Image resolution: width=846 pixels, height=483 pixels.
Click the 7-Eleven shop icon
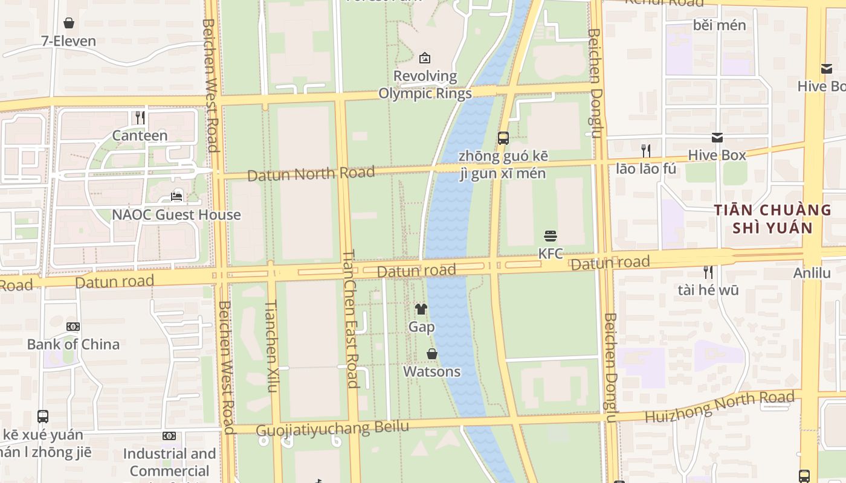[x=69, y=24]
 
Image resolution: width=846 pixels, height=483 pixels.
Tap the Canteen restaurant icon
[x=140, y=117]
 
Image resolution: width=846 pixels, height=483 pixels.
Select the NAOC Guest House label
[x=176, y=215]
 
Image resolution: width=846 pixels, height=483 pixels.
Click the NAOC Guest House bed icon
[x=176, y=197]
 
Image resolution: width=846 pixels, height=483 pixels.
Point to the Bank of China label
[x=73, y=344]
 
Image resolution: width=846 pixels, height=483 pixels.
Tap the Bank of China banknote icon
[x=73, y=327]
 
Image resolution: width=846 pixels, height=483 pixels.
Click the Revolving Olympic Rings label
[x=425, y=85]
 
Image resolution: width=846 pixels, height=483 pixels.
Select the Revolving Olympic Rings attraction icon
[x=425, y=58]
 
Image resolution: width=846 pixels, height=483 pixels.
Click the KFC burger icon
[x=550, y=235]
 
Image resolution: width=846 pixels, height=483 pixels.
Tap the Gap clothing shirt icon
[x=421, y=309]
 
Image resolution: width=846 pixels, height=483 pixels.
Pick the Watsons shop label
[x=431, y=371]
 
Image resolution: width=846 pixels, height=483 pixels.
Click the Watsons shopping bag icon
[x=432, y=354]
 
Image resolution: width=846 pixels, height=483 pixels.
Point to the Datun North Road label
[x=311, y=174]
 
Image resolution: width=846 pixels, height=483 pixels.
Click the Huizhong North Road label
[x=719, y=406]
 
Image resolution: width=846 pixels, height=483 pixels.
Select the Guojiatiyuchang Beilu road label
[x=332, y=429]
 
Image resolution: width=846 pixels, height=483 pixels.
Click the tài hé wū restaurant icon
[x=708, y=272]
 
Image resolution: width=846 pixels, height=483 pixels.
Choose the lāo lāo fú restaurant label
[x=646, y=168]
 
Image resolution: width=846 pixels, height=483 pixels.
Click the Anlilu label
[x=812, y=273]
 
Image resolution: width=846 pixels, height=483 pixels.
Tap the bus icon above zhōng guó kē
[x=503, y=138]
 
